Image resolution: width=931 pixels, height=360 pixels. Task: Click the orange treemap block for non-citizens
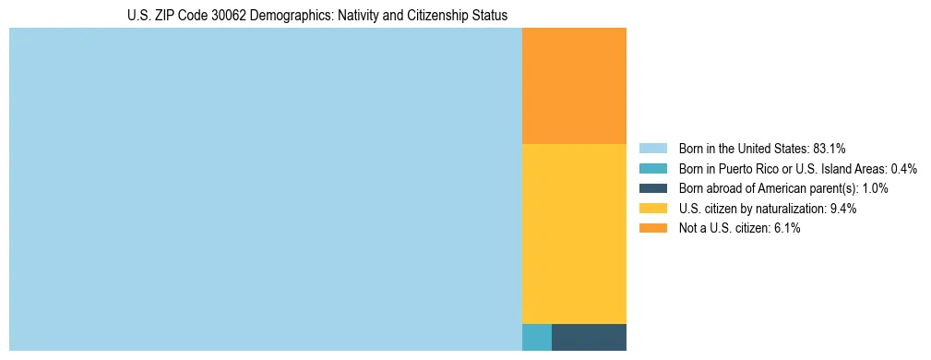[x=574, y=86]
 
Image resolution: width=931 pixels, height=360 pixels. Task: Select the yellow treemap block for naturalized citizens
[x=574, y=234]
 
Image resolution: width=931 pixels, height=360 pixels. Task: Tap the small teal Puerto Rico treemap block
[x=537, y=337]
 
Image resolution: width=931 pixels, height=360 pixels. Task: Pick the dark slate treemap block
[x=589, y=337]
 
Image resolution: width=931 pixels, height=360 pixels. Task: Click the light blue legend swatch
[x=652, y=149]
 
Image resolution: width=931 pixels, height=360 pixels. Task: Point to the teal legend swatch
[x=652, y=169]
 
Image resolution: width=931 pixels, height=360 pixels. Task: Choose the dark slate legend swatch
[x=652, y=188]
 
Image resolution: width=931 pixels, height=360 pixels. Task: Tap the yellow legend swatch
[x=652, y=209]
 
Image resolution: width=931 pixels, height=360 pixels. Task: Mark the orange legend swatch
[x=652, y=228]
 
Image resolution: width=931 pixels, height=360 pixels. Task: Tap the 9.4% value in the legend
[x=843, y=209]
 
